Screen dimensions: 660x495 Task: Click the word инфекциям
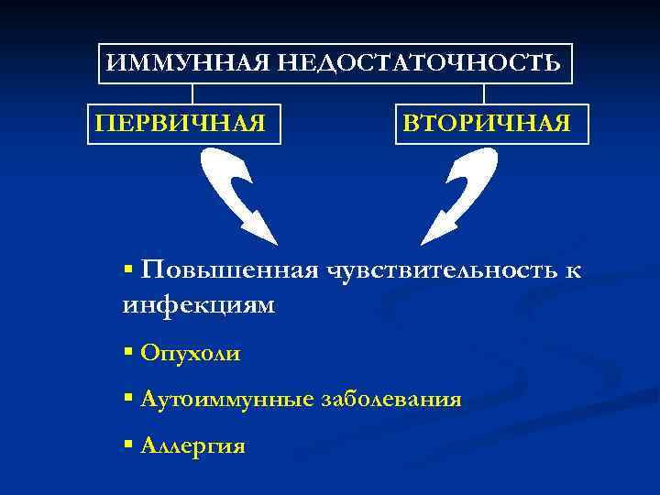tap(198, 304)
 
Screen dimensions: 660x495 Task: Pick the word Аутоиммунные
tap(226, 400)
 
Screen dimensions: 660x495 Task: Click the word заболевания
tap(390, 400)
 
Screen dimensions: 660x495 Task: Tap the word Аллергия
tap(193, 446)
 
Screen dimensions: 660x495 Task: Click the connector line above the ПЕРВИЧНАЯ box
tap(192, 93)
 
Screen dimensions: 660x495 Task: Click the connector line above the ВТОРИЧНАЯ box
tap(484, 93)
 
